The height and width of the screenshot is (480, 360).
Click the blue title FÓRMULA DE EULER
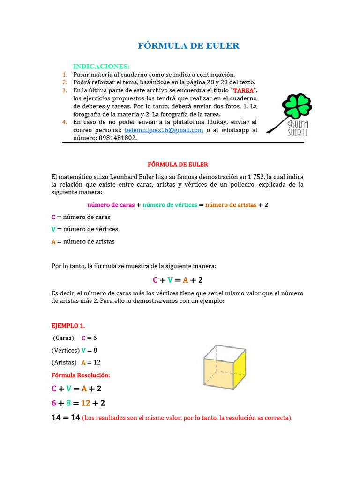188,45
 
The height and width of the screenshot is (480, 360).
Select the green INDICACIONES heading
101,67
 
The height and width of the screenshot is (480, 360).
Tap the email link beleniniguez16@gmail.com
164,130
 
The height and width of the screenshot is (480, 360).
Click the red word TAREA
243,90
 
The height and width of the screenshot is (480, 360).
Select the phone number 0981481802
118,138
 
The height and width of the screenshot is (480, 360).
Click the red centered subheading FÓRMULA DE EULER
178,165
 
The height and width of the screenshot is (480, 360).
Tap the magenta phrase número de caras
111,205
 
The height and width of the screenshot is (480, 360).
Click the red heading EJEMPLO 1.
68,325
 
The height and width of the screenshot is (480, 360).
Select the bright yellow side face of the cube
240,372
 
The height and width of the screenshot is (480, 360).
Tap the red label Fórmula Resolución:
81,375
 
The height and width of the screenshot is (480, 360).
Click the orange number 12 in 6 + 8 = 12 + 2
86,403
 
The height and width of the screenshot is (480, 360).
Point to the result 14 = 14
66,418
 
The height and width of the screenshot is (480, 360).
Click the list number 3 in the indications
65,90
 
